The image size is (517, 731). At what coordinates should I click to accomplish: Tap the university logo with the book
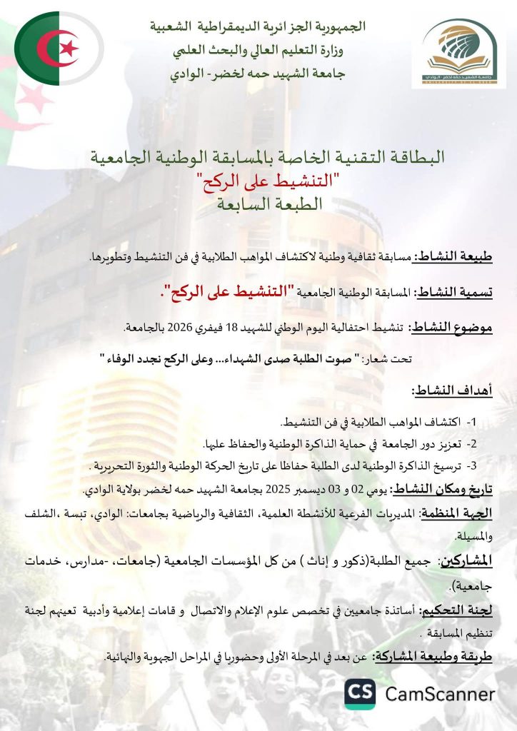coord(463,53)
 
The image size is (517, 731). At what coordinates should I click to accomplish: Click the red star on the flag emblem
coord(69,49)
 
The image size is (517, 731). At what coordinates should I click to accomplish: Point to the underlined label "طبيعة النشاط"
coord(463,256)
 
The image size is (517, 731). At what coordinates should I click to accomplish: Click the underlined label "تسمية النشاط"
coord(462,292)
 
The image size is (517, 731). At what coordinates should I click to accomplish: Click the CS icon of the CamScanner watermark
coord(361,693)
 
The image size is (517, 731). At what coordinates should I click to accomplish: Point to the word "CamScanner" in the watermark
coord(440,693)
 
